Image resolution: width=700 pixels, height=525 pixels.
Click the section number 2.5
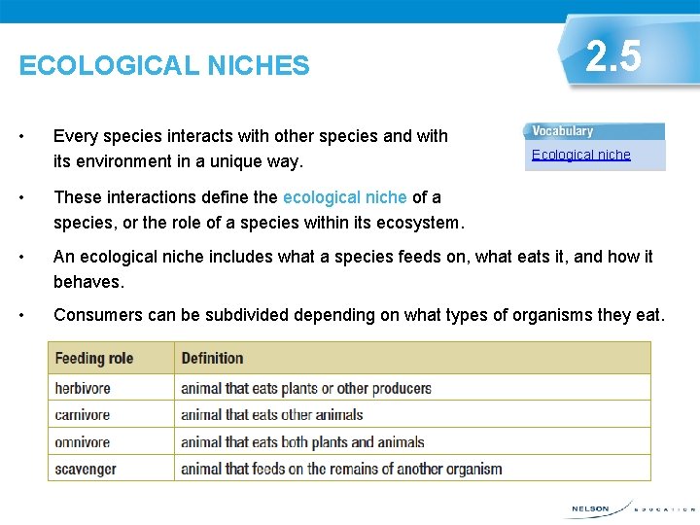point(614,56)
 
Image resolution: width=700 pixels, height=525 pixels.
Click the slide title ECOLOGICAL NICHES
point(164,66)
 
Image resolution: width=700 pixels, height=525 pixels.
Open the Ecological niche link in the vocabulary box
point(580,155)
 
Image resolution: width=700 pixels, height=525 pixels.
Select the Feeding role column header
point(94,358)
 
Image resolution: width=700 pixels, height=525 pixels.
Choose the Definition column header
point(212,358)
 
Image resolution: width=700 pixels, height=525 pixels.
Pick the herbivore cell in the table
point(83,388)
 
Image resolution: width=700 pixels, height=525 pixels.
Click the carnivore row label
point(83,415)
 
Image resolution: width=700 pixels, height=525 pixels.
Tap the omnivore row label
point(83,441)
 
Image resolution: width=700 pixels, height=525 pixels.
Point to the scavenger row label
point(86,469)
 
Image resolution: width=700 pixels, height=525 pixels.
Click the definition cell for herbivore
point(305,388)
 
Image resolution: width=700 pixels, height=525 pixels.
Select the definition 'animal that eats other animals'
point(271,415)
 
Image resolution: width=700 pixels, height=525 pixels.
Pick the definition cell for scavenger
point(341,469)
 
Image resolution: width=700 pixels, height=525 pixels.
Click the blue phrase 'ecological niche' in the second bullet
point(345,197)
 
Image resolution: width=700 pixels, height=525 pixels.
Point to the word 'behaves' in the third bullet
point(87,282)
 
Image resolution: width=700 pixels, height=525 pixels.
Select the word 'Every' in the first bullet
point(75,136)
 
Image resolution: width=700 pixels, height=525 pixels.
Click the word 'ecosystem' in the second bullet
point(419,223)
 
